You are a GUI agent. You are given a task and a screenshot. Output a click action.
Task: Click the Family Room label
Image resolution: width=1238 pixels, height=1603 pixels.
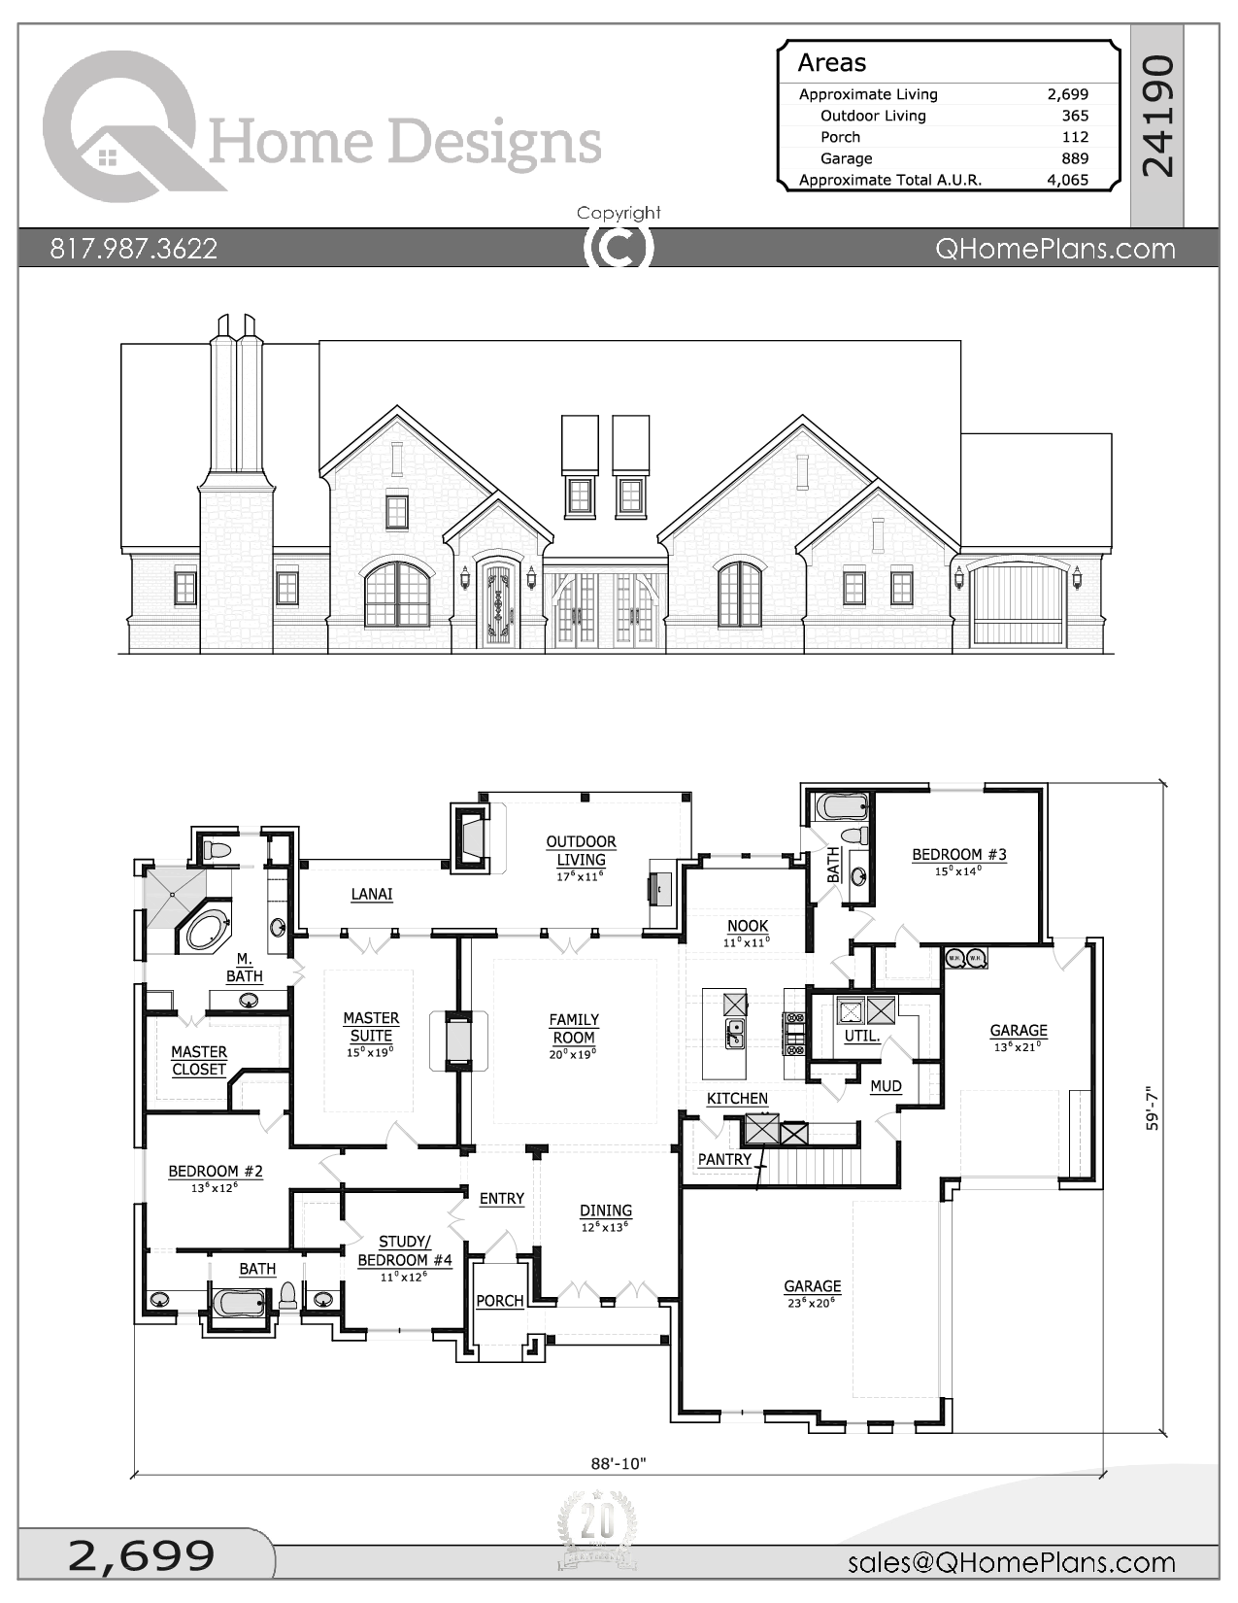[x=573, y=1028]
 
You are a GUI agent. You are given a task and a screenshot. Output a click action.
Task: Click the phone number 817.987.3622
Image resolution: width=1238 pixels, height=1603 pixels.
[x=133, y=249]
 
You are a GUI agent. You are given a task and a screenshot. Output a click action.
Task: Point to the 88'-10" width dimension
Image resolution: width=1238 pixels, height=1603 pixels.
[x=618, y=1463]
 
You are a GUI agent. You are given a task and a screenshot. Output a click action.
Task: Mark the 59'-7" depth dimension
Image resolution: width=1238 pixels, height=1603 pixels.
[x=1152, y=1108]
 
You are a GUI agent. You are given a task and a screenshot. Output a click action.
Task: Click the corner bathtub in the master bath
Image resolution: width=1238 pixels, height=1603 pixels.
[x=205, y=931]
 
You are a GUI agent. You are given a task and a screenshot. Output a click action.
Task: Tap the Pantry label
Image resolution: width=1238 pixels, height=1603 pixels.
[x=724, y=1159]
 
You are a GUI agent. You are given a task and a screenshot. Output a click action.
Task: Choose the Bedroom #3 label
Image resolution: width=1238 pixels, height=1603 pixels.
[x=958, y=855]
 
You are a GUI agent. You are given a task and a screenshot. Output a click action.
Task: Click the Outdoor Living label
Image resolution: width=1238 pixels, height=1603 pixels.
[x=581, y=850]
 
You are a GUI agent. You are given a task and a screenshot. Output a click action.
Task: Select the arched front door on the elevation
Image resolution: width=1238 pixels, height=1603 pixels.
[x=498, y=603]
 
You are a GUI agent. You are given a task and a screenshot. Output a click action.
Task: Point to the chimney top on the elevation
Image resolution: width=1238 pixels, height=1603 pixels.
[x=236, y=326]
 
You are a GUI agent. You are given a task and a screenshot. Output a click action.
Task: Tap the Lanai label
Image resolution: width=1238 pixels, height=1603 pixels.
[x=371, y=894]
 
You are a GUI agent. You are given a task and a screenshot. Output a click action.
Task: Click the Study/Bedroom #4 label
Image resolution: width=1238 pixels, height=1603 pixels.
[x=404, y=1251]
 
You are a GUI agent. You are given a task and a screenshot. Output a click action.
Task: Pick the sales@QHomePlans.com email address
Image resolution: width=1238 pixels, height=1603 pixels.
[x=1011, y=1562]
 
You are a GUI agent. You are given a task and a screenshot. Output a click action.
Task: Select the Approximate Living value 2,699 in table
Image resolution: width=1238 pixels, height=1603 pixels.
[x=1067, y=94]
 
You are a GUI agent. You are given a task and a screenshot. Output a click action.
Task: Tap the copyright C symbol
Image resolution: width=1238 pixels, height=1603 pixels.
[x=618, y=247]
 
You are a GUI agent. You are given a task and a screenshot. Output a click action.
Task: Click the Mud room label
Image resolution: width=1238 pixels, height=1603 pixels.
[x=885, y=1086]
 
